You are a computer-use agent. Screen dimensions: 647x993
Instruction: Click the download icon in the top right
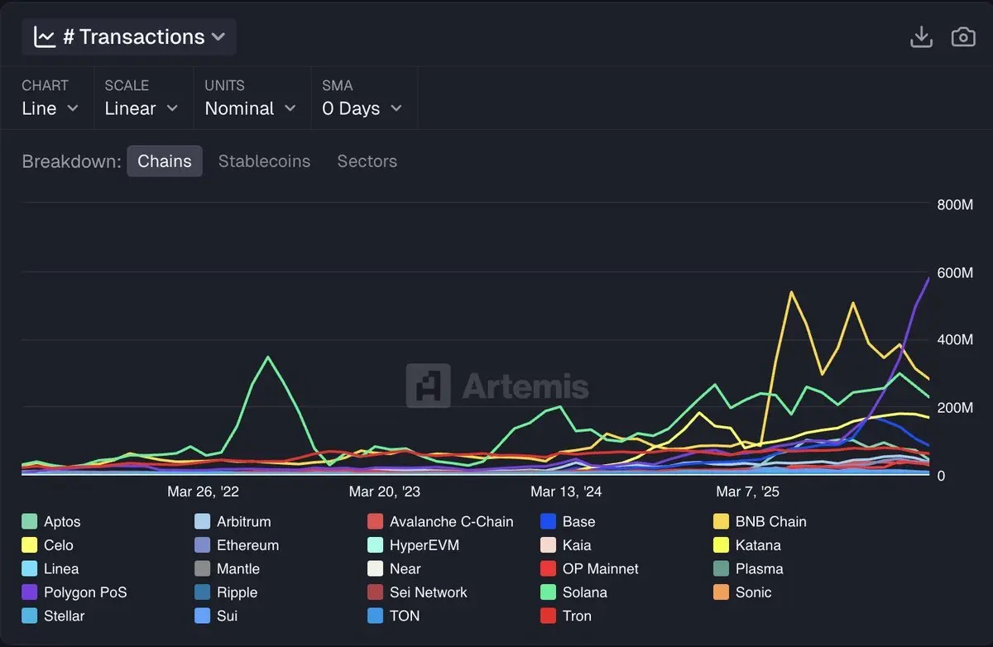pos(921,37)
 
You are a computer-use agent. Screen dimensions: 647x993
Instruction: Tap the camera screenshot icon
pos(963,37)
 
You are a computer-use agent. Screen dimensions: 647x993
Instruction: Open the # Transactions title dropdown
pos(130,37)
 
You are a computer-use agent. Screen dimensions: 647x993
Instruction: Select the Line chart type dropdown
pos(50,108)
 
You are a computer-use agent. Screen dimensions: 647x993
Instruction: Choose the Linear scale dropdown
pos(141,108)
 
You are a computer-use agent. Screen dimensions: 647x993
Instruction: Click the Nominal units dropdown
pos(250,108)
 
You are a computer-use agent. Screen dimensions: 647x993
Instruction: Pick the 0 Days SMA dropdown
pos(362,108)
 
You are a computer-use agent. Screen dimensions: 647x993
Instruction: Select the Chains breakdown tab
pos(164,161)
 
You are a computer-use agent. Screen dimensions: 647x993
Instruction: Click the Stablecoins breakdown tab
pos(264,161)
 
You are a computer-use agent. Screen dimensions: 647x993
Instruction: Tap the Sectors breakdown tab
pos(367,161)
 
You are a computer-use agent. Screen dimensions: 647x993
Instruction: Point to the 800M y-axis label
pos(954,205)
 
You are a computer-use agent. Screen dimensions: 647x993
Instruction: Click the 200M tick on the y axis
pos(954,408)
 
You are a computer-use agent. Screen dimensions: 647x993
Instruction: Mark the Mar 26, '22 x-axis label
pos(203,491)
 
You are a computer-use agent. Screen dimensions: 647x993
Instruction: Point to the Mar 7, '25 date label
pos(747,491)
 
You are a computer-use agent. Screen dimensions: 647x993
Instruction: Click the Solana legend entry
pos(584,592)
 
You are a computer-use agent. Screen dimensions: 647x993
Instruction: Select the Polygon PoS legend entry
pos(84,592)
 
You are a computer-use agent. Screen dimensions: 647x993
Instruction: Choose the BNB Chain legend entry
pos(770,522)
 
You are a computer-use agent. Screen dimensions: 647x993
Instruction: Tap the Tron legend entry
pos(577,616)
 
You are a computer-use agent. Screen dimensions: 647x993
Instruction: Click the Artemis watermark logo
pos(496,386)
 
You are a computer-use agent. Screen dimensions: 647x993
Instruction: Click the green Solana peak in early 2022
pos(268,357)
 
